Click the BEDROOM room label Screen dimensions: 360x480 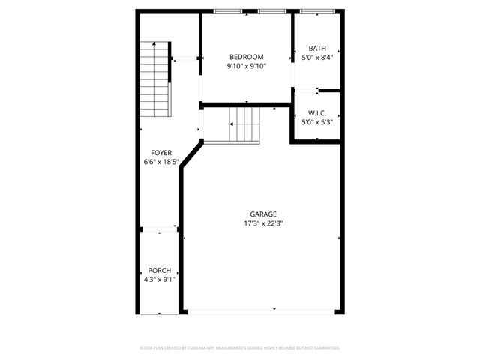(x=246, y=57)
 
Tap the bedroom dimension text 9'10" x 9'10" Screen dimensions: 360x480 (x=246, y=66)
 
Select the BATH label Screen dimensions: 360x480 (x=316, y=49)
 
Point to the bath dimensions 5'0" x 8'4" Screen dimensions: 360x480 (x=316, y=58)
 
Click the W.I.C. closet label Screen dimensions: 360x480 (x=316, y=113)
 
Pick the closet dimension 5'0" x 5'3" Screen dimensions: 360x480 (x=316, y=122)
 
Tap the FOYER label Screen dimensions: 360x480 (x=161, y=153)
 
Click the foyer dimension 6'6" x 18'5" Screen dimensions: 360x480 (x=161, y=162)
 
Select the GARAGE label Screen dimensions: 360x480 (x=263, y=214)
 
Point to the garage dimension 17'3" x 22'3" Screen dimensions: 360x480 (x=263, y=223)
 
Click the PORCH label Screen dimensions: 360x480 (x=159, y=271)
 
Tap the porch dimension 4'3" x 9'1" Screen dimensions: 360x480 (x=159, y=280)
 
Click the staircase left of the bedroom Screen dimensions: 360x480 (x=155, y=79)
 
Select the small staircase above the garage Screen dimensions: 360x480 (x=244, y=124)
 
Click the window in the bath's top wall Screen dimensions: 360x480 (x=317, y=11)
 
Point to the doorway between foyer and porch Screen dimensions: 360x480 (x=159, y=226)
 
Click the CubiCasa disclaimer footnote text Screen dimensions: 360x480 (x=240, y=348)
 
